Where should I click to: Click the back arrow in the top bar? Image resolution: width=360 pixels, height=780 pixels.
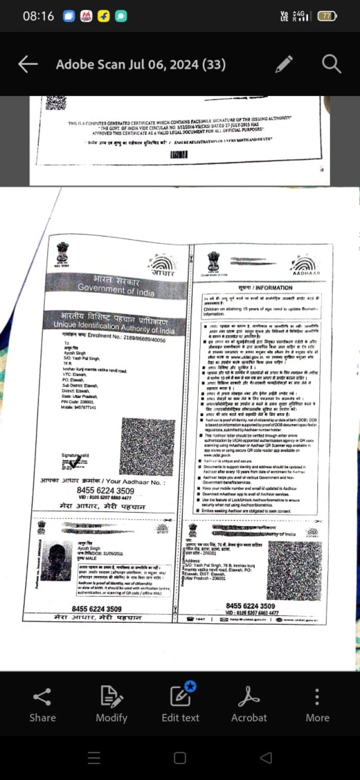28,64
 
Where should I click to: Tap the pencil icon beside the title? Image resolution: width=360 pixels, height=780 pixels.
284,64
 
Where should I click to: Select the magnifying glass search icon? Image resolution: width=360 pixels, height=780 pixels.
332,64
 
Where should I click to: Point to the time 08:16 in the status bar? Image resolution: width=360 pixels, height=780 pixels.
38,16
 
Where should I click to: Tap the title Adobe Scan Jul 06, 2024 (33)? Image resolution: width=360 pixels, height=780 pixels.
140,64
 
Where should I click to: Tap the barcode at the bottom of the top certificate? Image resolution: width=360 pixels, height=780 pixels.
178,154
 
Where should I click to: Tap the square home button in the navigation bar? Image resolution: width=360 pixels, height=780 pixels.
180,758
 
